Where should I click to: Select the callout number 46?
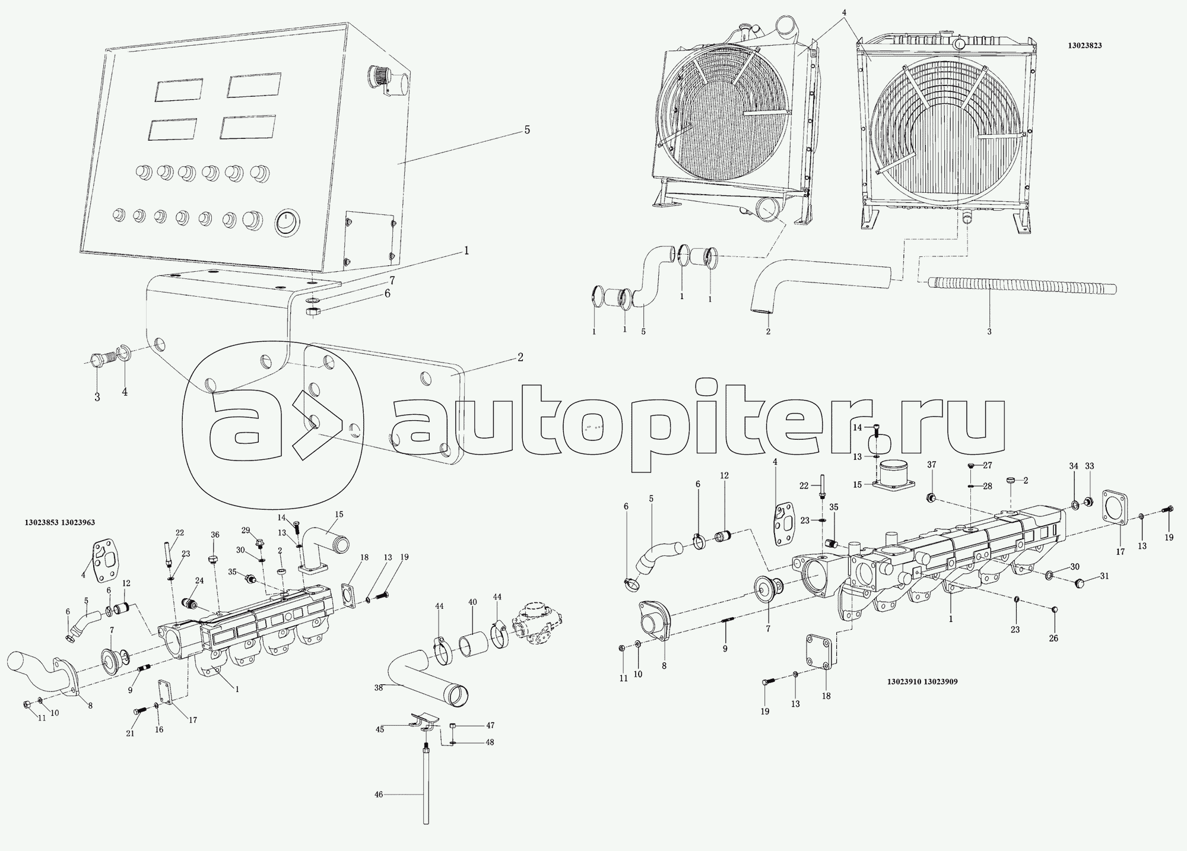[x=379, y=793]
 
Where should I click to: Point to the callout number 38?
[x=379, y=687]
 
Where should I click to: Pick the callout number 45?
[x=379, y=729]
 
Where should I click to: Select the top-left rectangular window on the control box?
[x=179, y=90]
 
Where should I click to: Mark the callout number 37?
[x=931, y=481]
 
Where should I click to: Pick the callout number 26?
[x=1053, y=638]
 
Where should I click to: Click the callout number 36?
[x=215, y=534]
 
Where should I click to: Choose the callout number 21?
[x=130, y=733]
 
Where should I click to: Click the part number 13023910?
[x=903, y=682]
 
